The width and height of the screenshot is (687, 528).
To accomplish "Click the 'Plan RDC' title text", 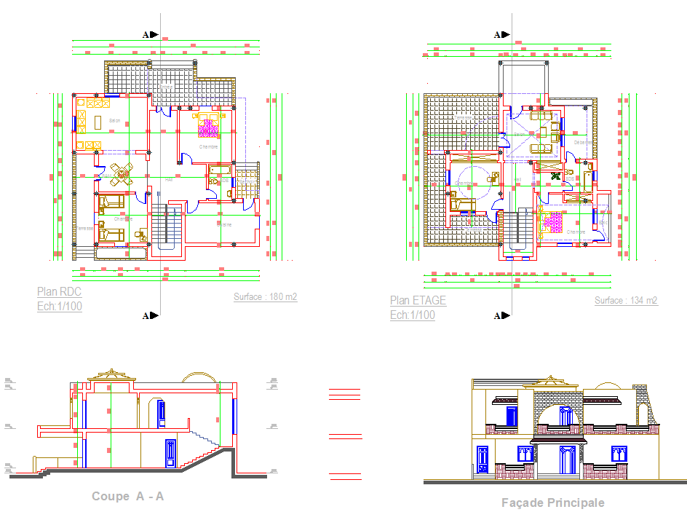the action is coord(60,292).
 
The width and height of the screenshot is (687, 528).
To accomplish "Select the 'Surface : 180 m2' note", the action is coord(265,297).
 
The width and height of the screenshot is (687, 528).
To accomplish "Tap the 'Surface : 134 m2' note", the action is coord(626,301).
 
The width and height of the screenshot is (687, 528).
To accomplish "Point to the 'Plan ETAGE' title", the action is coord(418,300).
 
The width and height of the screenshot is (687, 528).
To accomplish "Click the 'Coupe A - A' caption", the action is coord(128,497).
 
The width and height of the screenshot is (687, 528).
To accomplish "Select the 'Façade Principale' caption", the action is coord(553,503).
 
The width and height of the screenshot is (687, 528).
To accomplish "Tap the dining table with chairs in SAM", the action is coord(122,173).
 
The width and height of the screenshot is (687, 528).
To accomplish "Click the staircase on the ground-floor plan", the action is coord(166,227).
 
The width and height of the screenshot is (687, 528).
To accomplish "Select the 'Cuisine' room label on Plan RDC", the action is coord(223,225).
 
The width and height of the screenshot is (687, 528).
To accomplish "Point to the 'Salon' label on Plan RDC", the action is coord(114,120).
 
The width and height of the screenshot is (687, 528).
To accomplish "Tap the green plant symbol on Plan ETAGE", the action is coord(555,176).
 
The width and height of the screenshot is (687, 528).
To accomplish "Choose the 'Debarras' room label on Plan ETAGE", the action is coord(583,142).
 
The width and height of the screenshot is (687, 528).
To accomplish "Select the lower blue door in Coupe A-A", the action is coord(171,452).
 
